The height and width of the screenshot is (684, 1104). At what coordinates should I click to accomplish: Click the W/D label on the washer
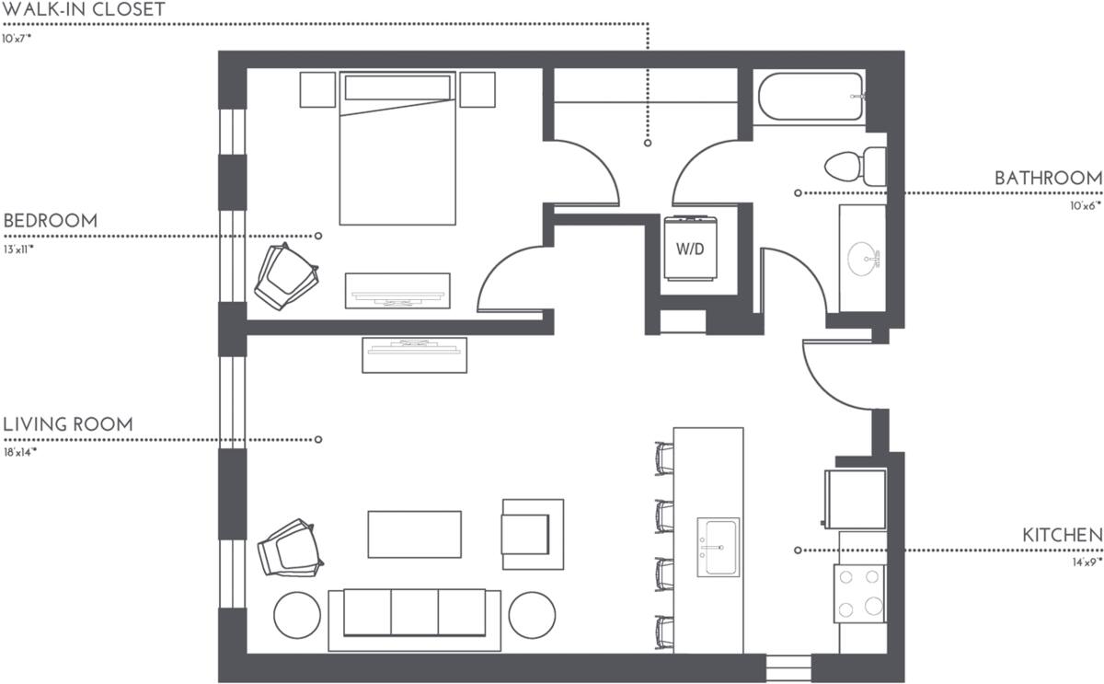click(x=690, y=249)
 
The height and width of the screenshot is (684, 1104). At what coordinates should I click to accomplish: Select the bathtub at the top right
click(x=810, y=98)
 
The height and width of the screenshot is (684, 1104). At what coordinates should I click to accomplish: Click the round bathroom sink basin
click(x=864, y=257)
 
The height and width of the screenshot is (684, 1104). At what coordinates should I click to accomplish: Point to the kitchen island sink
click(x=718, y=547)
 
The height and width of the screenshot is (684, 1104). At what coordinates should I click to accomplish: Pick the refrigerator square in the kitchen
click(x=856, y=500)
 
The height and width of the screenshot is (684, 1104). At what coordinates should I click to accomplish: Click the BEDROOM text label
click(x=51, y=221)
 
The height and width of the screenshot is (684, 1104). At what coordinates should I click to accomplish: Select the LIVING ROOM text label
click(x=68, y=424)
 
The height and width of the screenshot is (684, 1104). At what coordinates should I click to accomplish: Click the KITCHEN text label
click(x=1063, y=535)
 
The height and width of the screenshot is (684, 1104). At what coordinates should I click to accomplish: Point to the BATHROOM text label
click(x=1048, y=178)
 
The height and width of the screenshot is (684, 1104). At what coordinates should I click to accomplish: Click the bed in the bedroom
click(x=397, y=157)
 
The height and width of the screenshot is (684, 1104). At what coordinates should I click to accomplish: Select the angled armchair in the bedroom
click(x=285, y=275)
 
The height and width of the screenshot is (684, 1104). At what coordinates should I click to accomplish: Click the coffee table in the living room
click(x=414, y=534)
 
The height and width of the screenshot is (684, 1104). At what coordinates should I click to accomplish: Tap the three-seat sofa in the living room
click(x=414, y=615)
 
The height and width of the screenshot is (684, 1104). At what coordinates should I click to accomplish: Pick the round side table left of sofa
click(x=297, y=614)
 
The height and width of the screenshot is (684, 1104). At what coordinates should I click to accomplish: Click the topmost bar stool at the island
click(x=663, y=458)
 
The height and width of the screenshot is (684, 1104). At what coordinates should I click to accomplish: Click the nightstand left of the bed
click(x=317, y=89)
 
